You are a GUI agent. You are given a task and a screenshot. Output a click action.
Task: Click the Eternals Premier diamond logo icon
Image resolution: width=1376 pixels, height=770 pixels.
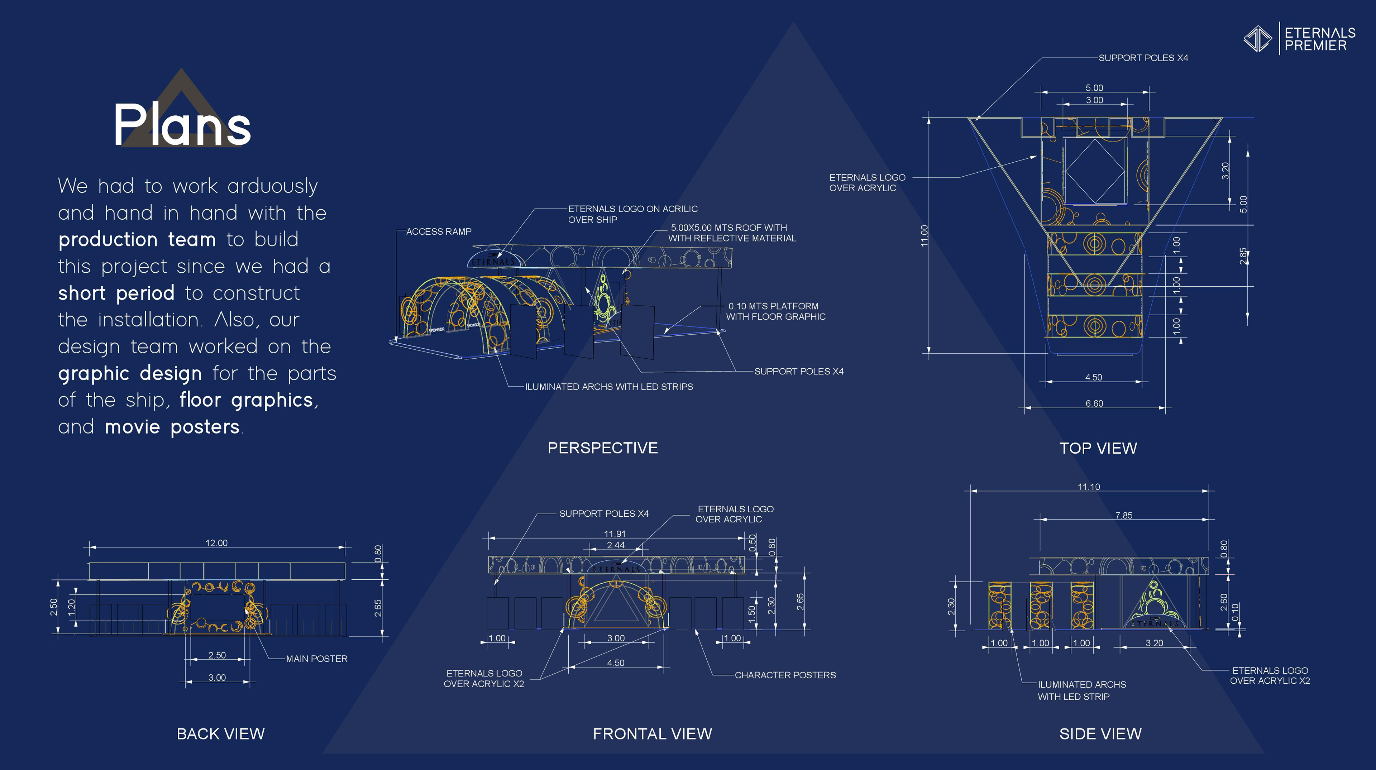pos(1258,38)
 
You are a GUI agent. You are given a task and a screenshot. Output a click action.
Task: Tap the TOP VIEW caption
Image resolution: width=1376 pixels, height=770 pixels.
pos(1098,448)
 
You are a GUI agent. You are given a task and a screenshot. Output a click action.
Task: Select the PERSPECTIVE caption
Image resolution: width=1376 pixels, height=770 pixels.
pos(602,448)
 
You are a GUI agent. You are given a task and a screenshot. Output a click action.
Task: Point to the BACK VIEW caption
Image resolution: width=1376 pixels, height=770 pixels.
pos(221,734)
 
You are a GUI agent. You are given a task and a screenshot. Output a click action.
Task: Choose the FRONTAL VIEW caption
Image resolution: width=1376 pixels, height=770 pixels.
pos(652,734)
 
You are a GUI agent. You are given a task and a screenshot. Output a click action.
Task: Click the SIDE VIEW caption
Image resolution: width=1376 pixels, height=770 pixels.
pos(1100,734)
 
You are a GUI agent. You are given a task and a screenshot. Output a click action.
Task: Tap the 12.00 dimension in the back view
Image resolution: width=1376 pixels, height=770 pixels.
pos(216,543)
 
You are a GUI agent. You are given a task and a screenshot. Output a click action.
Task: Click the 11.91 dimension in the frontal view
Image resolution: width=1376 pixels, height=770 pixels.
pos(615,534)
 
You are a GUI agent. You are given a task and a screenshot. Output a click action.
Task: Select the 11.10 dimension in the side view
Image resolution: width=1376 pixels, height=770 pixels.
pos(1089,487)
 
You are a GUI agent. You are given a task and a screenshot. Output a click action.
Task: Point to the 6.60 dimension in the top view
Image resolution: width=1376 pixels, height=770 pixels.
pos(1094,404)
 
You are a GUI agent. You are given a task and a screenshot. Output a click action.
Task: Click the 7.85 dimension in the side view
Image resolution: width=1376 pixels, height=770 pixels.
pos(1123,515)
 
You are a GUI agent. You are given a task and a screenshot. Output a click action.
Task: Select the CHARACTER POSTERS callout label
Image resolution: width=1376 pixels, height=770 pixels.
pos(785,675)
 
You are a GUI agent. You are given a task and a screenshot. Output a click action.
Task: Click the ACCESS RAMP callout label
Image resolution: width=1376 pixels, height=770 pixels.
pos(439,232)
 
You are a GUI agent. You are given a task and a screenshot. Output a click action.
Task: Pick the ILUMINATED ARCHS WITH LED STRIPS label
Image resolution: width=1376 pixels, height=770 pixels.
pos(609,387)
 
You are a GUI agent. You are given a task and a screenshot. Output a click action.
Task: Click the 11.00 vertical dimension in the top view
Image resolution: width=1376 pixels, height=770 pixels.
pos(924,235)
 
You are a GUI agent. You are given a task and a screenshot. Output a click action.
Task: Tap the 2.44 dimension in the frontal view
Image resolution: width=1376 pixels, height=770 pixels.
pos(615,545)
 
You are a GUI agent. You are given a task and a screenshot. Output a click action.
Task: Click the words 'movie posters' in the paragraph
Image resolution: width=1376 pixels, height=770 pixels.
pos(172,427)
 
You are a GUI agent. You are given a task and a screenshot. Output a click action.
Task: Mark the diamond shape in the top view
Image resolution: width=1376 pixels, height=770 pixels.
pos(1094,171)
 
